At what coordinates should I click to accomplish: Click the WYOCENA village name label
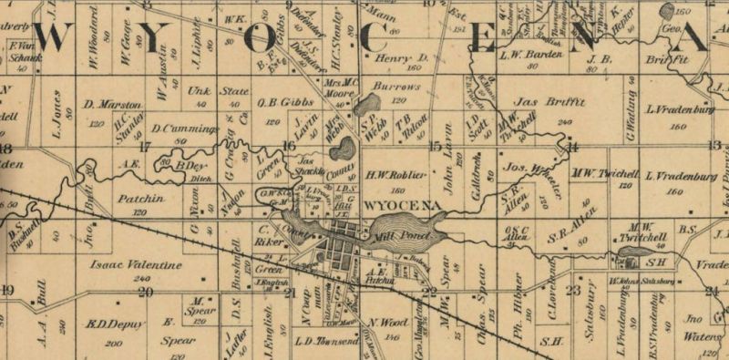pyautogui.click(x=393, y=205)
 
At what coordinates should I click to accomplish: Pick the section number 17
pyautogui.click(x=143, y=146)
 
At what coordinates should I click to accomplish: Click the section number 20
pyautogui.click(x=145, y=292)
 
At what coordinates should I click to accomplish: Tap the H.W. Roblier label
pyautogui.click(x=396, y=173)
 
